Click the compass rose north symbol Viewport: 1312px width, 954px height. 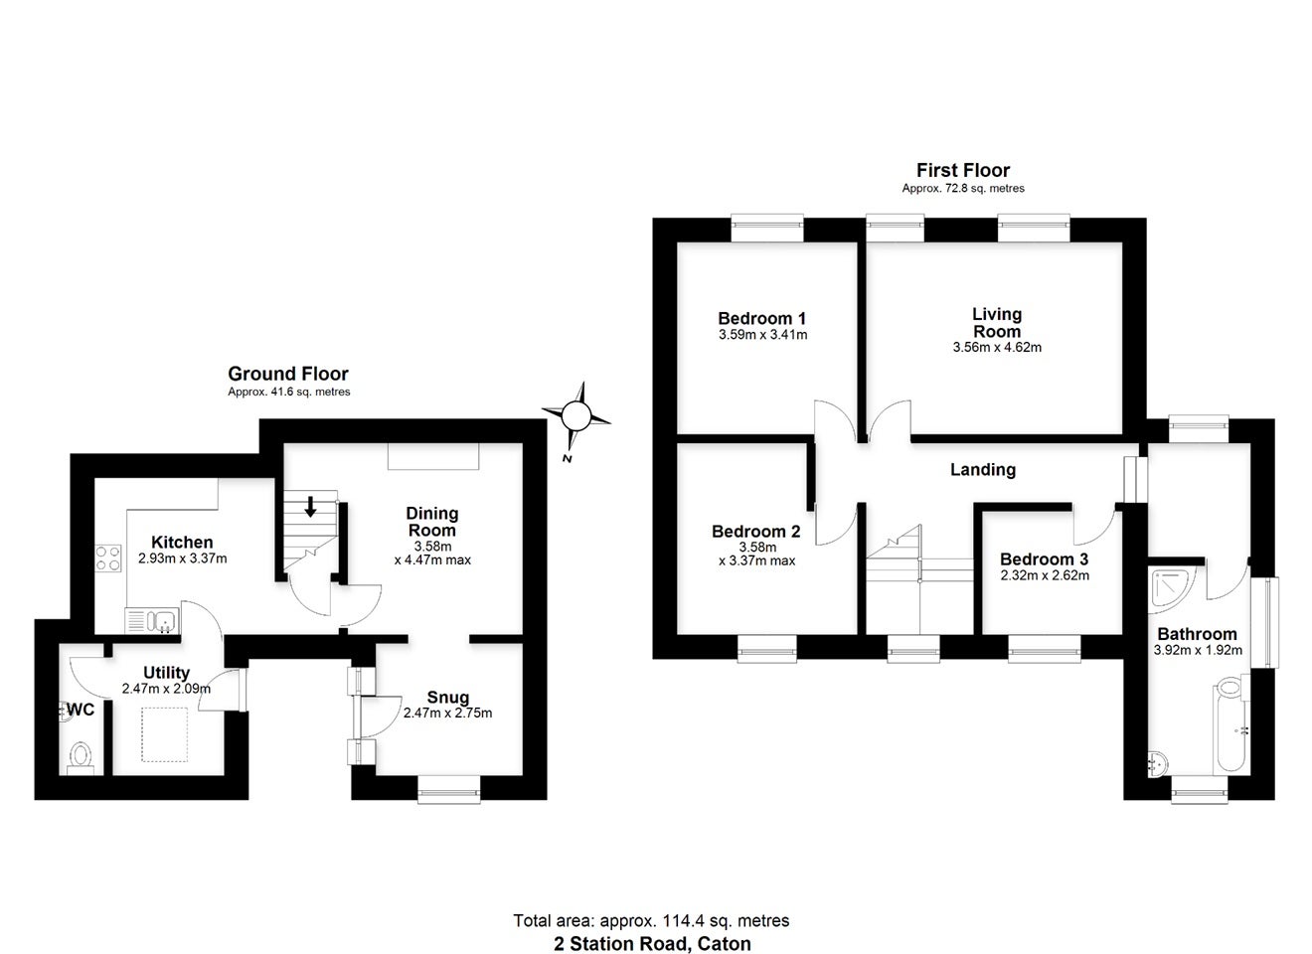[x=576, y=417]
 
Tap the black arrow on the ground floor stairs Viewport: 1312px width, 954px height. [x=310, y=507]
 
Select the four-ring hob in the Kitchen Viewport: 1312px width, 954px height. [x=108, y=558]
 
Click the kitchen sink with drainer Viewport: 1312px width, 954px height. [x=152, y=620]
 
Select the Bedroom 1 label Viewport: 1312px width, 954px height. [x=762, y=319]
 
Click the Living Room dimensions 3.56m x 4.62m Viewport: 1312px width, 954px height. [x=997, y=347]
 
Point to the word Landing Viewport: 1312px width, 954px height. [x=983, y=470]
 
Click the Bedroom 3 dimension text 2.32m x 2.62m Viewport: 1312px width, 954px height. [x=1045, y=575]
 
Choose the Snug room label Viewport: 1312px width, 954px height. [x=448, y=698]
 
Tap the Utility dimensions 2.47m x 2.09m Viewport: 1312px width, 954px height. [x=166, y=689]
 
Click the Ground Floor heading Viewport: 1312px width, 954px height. [x=288, y=374]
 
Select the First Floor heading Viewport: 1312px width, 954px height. [x=963, y=170]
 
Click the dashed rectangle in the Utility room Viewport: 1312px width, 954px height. [x=165, y=734]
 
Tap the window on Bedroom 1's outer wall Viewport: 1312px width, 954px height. [x=767, y=229]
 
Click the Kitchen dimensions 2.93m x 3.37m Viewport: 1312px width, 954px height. [x=182, y=558]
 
